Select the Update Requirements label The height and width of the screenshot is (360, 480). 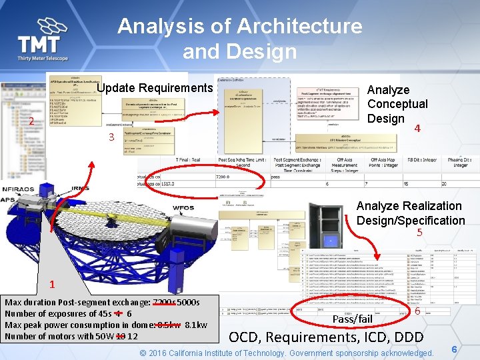click(x=155, y=88)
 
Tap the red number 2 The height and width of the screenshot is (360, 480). click(x=31, y=121)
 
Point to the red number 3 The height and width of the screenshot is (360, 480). click(x=111, y=138)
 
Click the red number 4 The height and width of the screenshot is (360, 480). click(x=417, y=128)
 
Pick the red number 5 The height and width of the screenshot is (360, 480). click(x=419, y=233)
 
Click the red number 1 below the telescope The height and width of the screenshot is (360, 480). click(x=51, y=285)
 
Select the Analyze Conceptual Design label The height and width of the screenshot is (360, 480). click(x=397, y=104)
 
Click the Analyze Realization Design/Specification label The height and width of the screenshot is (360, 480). click(x=410, y=213)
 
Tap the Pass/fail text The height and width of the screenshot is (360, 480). click(x=352, y=319)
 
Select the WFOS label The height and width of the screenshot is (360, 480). click(x=183, y=208)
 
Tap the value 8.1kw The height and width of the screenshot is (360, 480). click(x=194, y=325)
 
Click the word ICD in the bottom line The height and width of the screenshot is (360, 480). click(x=364, y=336)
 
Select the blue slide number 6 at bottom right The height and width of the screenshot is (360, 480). click(x=454, y=349)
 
